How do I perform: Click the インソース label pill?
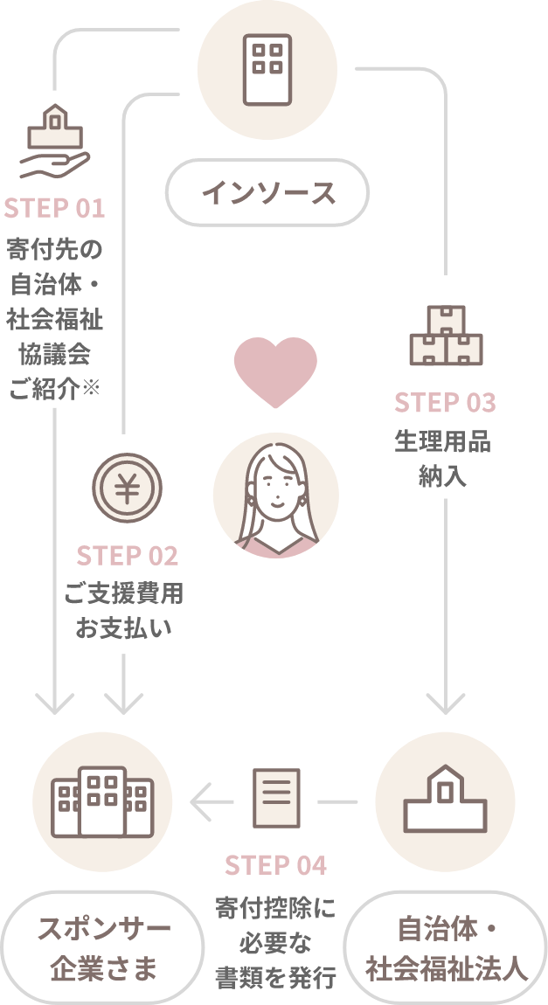tap(267, 192)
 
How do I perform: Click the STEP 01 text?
tap(55, 209)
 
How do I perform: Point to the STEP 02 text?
tap(127, 556)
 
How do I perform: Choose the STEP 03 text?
tap(445, 403)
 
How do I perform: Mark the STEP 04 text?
tap(275, 865)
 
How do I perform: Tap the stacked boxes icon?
tap(445, 336)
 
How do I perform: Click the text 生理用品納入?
tap(445, 459)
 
